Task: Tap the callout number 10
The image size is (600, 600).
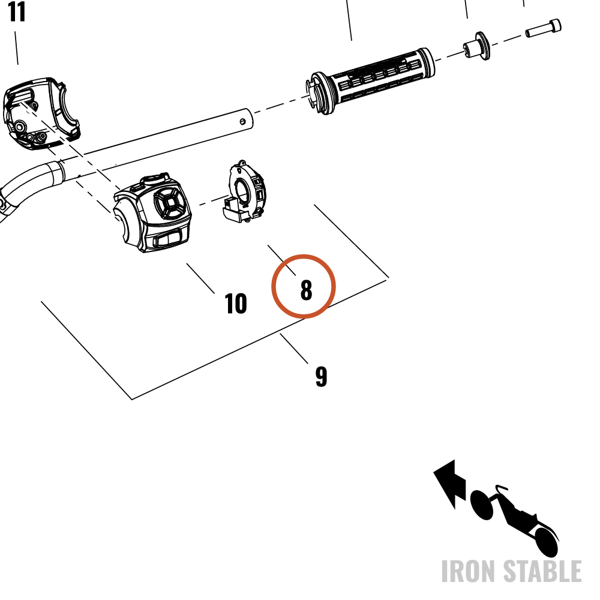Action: pos(236,304)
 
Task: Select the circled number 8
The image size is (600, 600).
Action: pos(306,290)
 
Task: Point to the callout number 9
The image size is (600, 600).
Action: pos(322,377)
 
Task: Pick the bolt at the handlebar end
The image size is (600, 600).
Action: pos(544,28)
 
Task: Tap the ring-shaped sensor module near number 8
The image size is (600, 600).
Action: pos(245,191)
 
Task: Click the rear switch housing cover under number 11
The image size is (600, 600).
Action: pos(41,113)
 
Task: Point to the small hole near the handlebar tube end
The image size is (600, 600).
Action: pos(242,122)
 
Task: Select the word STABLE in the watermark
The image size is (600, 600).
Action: pos(542,571)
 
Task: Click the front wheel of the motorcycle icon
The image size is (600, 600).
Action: pos(481,505)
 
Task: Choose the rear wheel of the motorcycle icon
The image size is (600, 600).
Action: pos(545,542)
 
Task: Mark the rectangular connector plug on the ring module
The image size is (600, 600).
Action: pos(233,209)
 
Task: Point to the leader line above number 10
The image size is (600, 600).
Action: pos(200,278)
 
